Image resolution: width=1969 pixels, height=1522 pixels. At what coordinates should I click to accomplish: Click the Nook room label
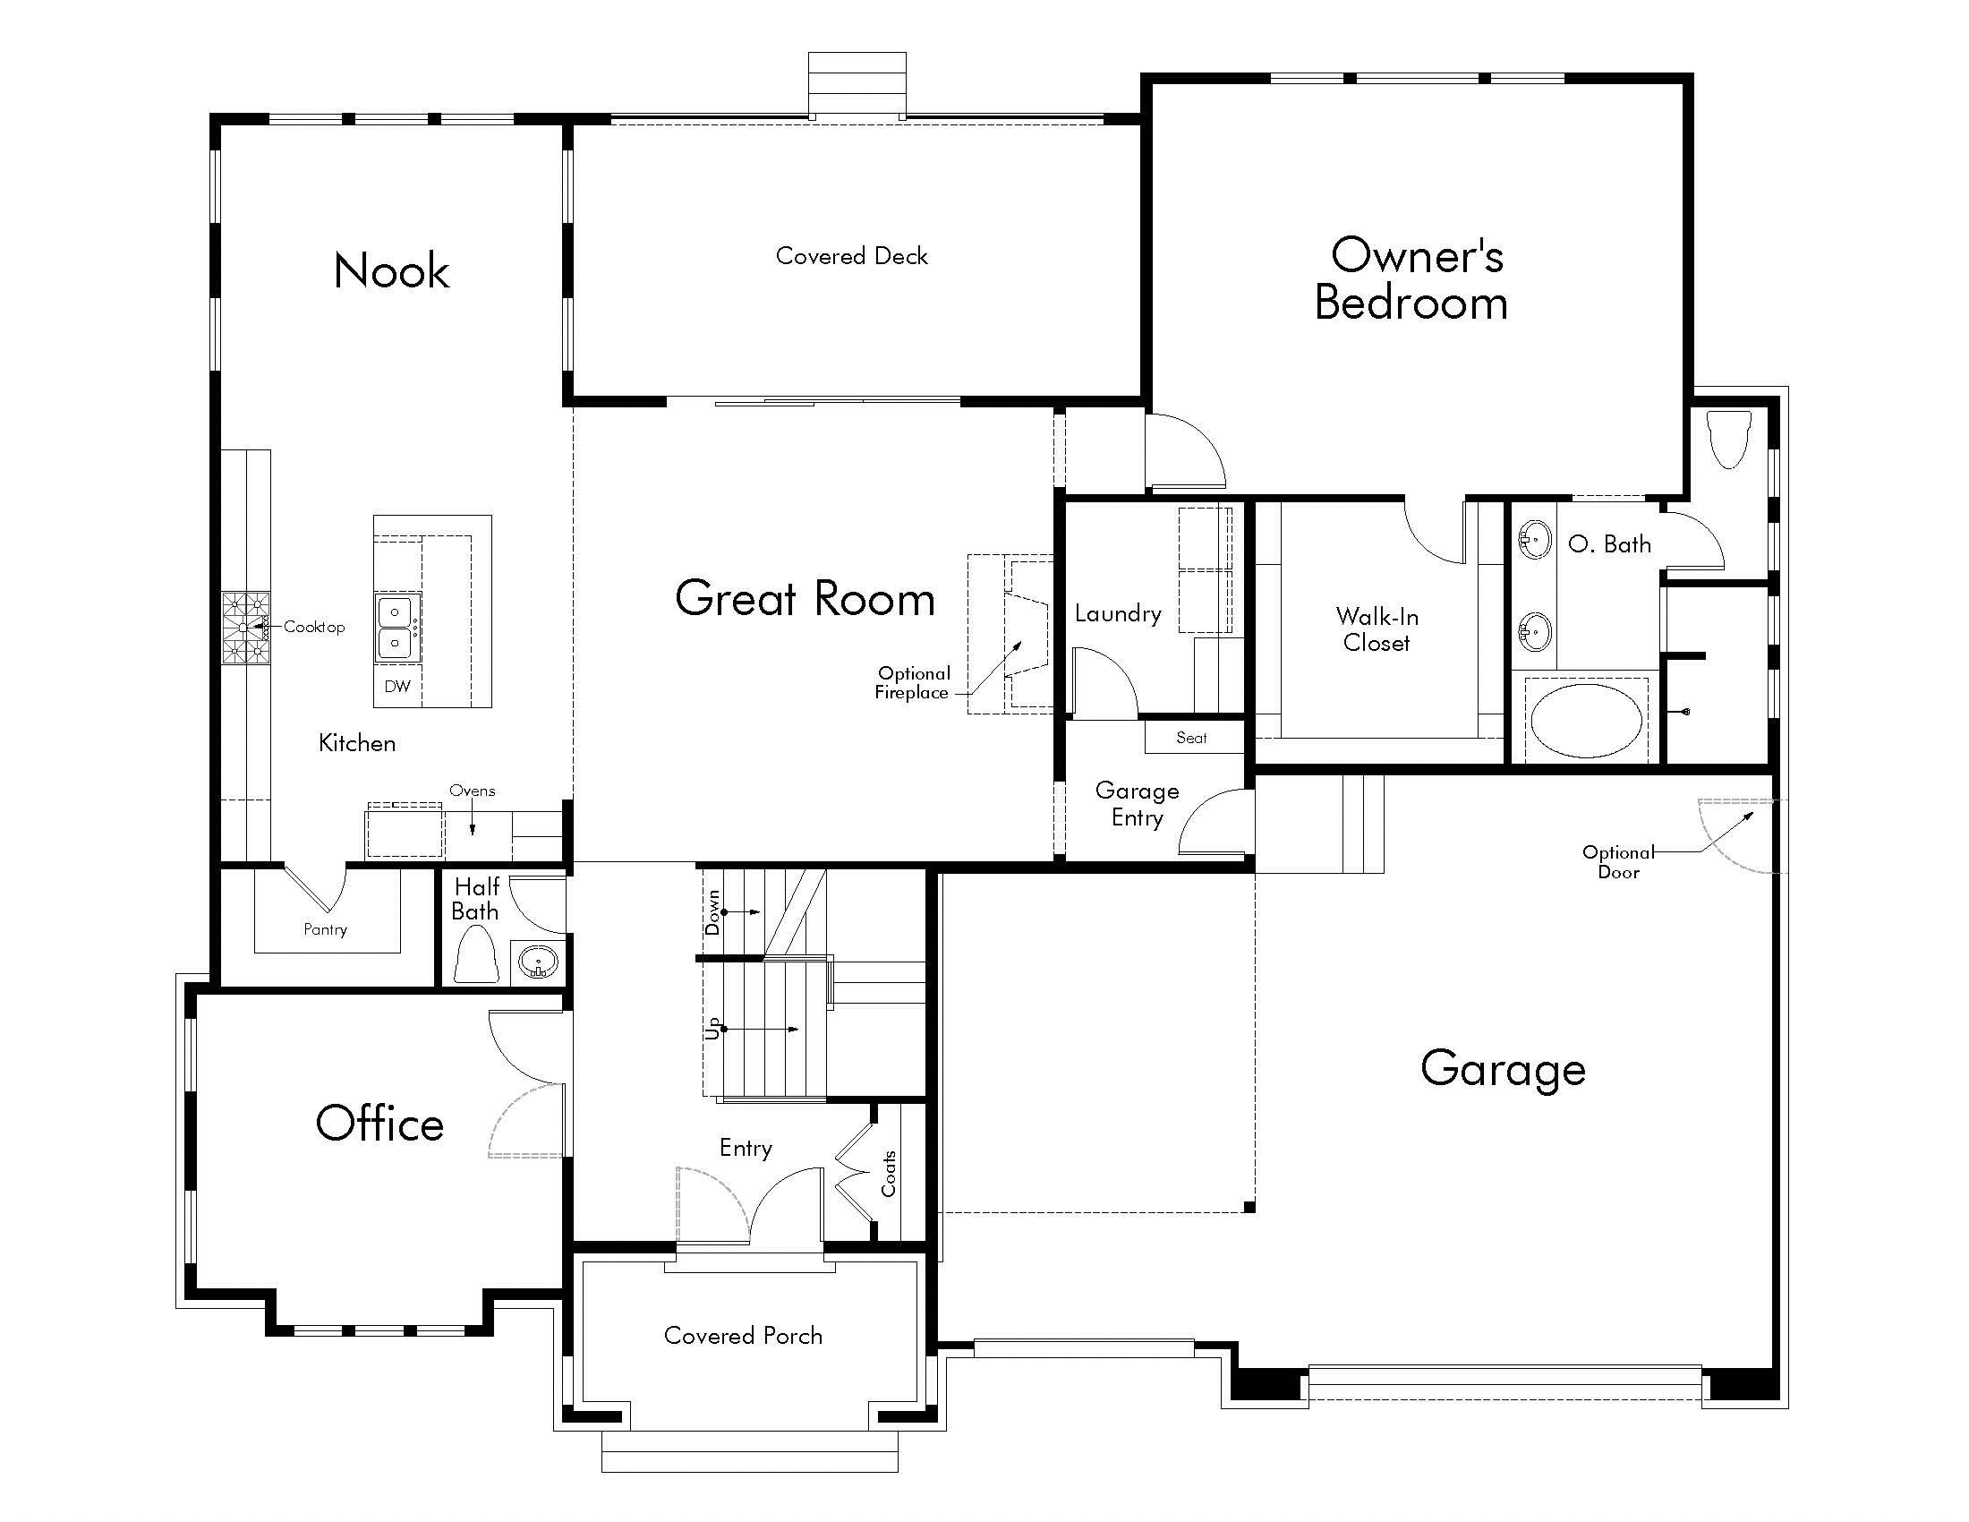pyautogui.click(x=391, y=270)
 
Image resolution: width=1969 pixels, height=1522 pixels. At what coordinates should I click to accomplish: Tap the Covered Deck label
pyautogui.click(x=851, y=256)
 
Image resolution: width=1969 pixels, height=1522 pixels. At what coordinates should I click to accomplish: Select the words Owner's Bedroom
pyautogui.click(x=1411, y=278)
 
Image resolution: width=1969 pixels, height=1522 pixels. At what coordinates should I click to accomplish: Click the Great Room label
pyautogui.click(x=805, y=599)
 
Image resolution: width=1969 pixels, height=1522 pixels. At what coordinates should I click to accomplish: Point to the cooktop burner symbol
pyautogui.click(x=246, y=628)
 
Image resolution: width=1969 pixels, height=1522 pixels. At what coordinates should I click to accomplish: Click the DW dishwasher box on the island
pyautogui.click(x=397, y=686)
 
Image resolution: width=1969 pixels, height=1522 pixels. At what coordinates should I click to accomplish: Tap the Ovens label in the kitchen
pyautogui.click(x=472, y=791)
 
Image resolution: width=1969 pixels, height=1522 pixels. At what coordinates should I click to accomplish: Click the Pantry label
pyautogui.click(x=326, y=928)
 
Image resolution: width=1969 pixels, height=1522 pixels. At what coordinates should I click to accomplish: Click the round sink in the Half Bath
pyautogui.click(x=537, y=963)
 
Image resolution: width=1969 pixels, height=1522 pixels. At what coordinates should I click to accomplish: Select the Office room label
pyautogui.click(x=379, y=1124)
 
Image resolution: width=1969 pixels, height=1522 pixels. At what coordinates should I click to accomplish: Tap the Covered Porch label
pyautogui.click(x=743, y=1336)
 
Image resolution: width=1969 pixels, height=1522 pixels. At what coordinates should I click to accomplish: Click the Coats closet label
pyautogui.click(x=889, y=1173)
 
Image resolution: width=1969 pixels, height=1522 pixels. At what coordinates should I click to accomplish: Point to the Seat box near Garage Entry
pyautogui.click(x=1191, y=738)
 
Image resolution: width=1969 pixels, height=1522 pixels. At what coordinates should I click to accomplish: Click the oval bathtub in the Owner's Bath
pyautogui.click(x=1586, y=720)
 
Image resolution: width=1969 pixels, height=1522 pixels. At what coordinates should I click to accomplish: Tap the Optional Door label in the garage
pyautogui.click(x=1618, y=862)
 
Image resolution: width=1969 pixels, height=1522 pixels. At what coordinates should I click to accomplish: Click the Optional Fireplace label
pyautogui.click(x=912, y=682)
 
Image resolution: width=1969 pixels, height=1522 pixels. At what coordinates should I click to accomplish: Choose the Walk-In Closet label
pyautogui.click(x=1377, y=629)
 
